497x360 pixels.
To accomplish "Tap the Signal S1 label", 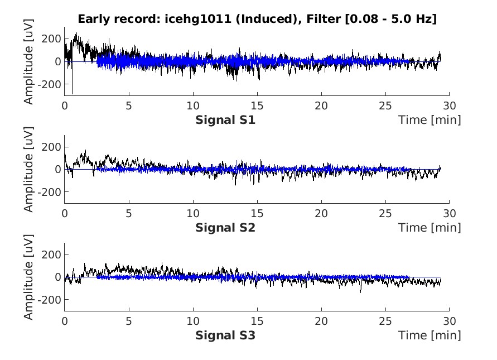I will (x=225, y=120).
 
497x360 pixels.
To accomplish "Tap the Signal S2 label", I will (x=225, y=228).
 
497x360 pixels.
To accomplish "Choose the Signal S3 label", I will (x=225, y=335).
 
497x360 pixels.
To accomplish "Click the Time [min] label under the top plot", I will (x=430, y=120).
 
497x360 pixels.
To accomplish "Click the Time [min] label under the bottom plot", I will (x=430, y=335).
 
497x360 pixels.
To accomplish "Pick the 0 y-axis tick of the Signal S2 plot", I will (x=57, y=169).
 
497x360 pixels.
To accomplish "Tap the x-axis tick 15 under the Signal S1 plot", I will (x=257, y=105).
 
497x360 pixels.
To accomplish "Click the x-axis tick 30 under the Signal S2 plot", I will (x=450, y=213).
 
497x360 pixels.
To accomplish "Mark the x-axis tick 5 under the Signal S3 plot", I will (x=129, y=321).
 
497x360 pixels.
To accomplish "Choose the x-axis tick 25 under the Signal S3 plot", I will (x=385, y=321).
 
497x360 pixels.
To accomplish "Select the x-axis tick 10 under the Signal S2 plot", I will (x=192, y=213).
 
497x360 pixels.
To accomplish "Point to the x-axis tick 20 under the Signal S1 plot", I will (x=321, y=105).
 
